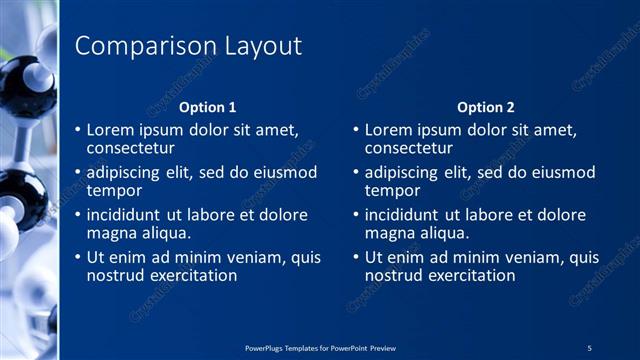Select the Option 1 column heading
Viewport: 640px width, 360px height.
coord(208,107)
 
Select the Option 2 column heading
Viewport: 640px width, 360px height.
coord(486,107)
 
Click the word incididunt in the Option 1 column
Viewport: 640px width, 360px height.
coord(126,215)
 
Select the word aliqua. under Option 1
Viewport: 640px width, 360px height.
coord(163,233)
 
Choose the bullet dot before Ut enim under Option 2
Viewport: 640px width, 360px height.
coord(356,258)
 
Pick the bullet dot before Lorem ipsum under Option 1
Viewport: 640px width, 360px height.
coord(78,131)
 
